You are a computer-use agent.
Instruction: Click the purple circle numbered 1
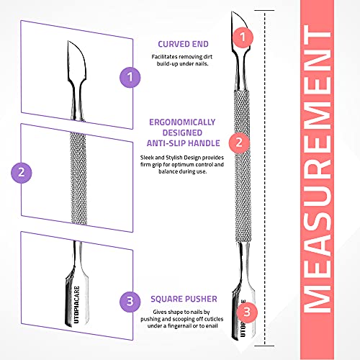[x=130, y=76]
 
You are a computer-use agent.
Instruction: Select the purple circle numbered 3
[x=129, y=300]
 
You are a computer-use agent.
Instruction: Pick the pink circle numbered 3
[x=247, y=312]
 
